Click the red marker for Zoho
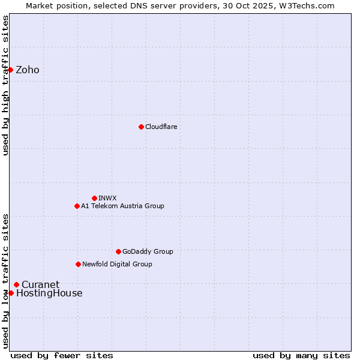(10, 70)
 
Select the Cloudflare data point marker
(141, 127)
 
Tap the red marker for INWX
(94, 198)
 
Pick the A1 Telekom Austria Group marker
(77, 206)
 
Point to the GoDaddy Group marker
(118, 251)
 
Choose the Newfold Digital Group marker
(78, 264)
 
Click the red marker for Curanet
(16, 284)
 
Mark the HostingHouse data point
(11, 293)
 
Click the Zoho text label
(28, 70)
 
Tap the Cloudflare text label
(161, 127)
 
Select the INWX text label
(107, 198)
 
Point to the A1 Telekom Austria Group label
(122, 206)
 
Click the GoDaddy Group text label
(148, 251)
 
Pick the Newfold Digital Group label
(117, 264)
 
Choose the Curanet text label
(40, 285)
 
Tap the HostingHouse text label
(49, 293)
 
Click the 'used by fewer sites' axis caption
(62, 355)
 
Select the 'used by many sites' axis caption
(301, 355)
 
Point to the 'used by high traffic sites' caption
(5, 85)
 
